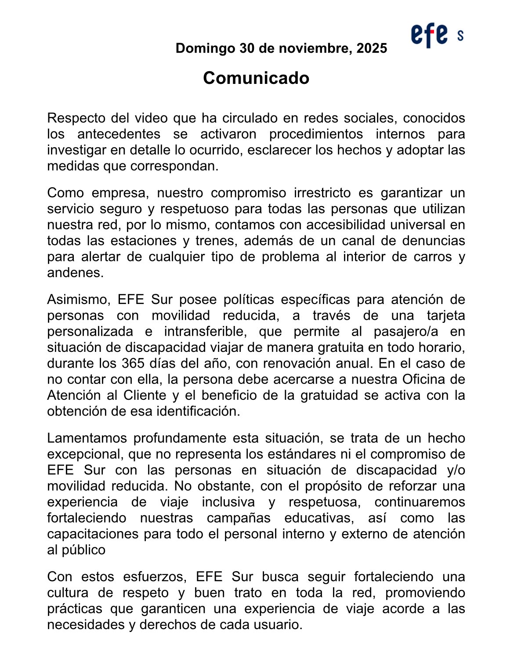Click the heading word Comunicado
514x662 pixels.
[x=256, y=78]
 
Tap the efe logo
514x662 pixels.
[x=430, y=35]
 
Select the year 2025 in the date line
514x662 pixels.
[x=372, y=48]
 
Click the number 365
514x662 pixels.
[x=130, y=363]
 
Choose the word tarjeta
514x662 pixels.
[x=445, y=315]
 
